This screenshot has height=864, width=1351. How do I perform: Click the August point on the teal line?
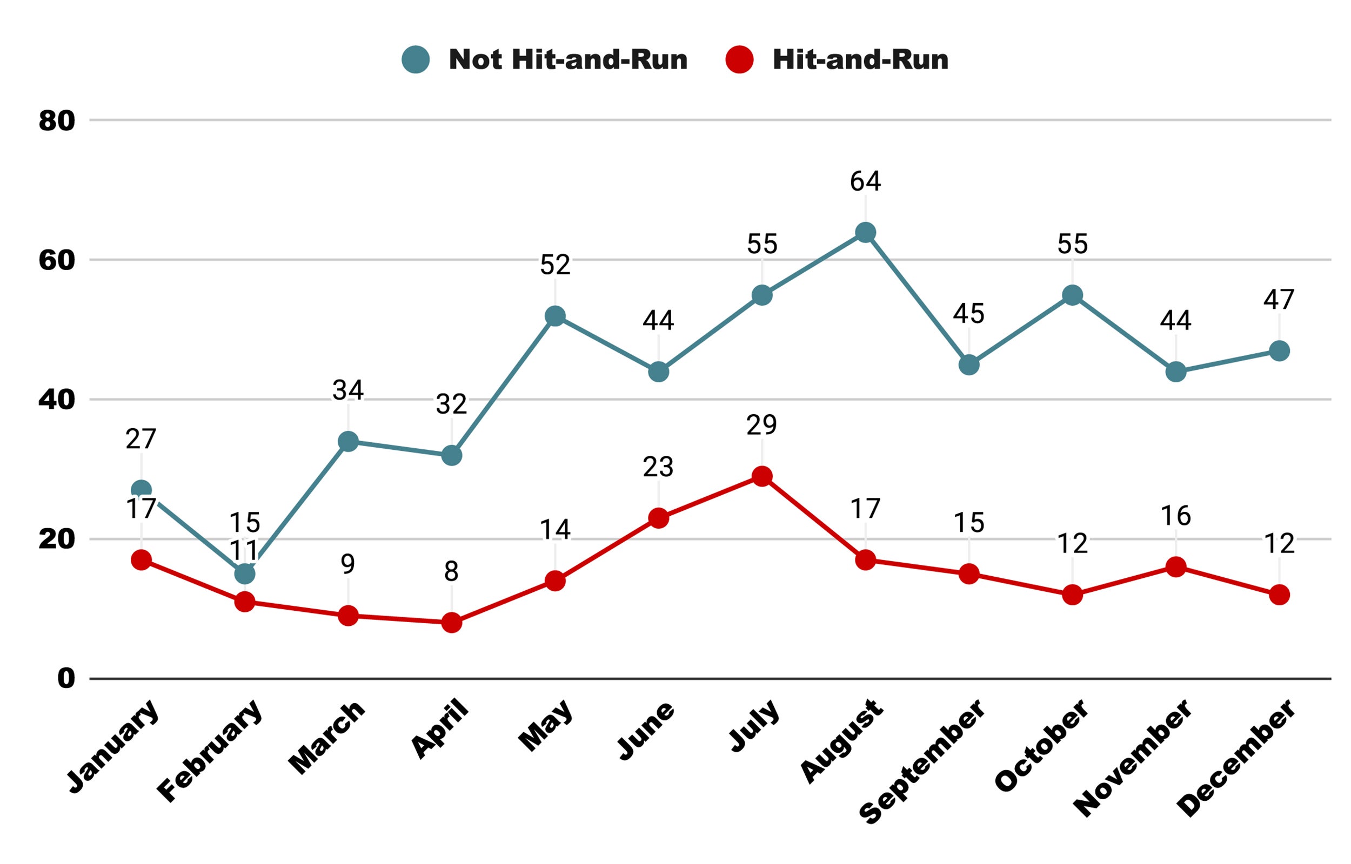865,232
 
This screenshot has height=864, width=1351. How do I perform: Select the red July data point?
761,476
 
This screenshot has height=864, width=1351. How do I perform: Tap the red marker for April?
451,623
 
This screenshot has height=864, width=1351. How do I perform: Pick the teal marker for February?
245,573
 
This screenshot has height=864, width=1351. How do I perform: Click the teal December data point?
1279,351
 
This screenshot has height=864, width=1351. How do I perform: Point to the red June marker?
658,518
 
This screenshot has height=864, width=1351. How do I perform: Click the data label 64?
865,181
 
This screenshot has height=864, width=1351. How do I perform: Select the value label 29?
761,426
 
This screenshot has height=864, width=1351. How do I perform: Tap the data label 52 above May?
555,265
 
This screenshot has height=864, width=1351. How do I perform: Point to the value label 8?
451,572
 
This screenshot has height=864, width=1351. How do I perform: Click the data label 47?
1279,300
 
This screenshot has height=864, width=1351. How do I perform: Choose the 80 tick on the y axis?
57,120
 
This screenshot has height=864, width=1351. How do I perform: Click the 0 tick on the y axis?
66,679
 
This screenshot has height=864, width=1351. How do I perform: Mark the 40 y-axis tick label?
57,400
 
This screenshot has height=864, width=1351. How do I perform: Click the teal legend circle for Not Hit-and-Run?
416,59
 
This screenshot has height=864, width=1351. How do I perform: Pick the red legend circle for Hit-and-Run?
739,59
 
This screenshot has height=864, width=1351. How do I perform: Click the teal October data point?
1073,295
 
